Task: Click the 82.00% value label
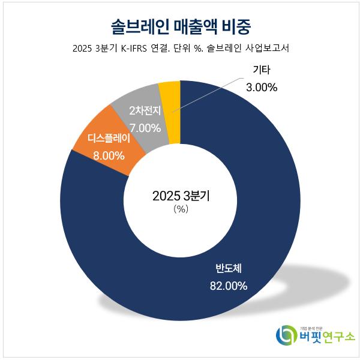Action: point(228,286)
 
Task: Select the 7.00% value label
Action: point(145,127)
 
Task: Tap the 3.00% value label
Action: point(262,88)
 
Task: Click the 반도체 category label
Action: point(228,268)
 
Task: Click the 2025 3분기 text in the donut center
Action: point(181,196)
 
